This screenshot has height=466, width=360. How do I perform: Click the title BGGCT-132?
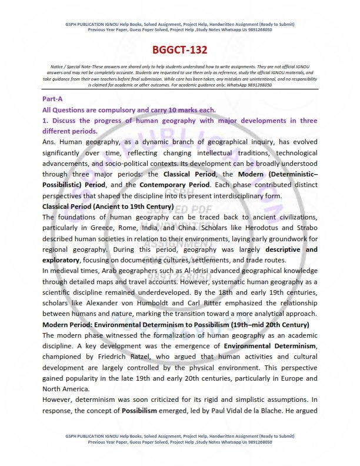(x=180, y=51)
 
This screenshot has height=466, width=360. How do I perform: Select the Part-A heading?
(x=52, y=99)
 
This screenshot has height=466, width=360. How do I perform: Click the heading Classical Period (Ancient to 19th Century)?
(x=108, y=207)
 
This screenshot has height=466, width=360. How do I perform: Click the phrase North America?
(x=65, y=388)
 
